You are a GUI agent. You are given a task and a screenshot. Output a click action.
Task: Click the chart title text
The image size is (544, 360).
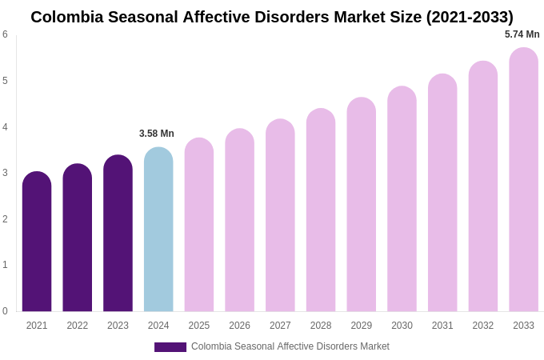pos(272,17)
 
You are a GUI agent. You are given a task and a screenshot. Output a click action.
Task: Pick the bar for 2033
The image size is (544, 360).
pos(523,180)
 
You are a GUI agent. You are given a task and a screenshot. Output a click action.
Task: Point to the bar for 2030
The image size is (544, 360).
pos(402,199)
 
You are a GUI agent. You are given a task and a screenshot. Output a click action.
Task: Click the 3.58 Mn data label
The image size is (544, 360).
pos(157,134)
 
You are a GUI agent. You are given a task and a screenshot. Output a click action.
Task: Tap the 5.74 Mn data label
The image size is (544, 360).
pos(522,34)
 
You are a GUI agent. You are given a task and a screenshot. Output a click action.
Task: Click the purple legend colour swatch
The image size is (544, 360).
pos(170,347)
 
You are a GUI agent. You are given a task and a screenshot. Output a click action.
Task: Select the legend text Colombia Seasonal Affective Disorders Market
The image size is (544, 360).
pos(290,346)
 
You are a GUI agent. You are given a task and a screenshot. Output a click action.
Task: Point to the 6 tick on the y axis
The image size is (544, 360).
pos(5,34)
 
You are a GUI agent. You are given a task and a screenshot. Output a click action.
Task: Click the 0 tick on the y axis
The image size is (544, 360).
pos(5,311)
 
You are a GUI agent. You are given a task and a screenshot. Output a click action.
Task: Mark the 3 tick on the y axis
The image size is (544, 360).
pos(5,173)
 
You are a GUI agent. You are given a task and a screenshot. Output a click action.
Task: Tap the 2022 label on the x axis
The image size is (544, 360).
pos(78,326)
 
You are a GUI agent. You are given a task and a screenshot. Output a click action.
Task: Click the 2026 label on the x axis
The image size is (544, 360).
pos(239,326)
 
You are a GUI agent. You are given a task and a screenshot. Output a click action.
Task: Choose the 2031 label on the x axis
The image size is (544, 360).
pos(442,326)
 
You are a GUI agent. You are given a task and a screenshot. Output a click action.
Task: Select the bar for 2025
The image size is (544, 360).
pos(199,225)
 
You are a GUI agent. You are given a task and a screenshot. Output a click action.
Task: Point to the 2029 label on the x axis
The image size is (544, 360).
pos(361,326)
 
